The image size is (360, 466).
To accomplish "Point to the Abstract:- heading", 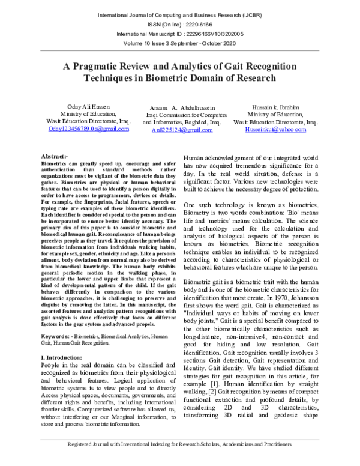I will [x=54, y=156].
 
